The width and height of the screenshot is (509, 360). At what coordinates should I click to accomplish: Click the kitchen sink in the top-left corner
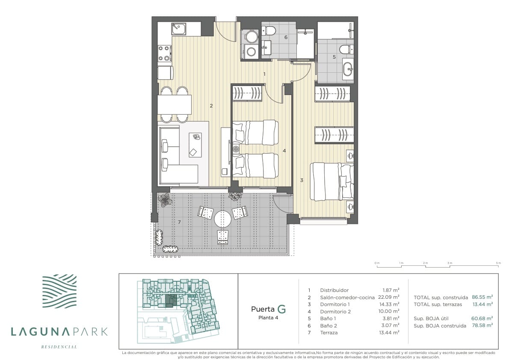pyautogui.click(x=178, y=29)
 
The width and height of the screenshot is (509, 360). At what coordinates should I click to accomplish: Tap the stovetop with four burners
pyautogui.click(x=164, y=54)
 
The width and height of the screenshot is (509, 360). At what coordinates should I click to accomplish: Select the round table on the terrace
pyautogui.click(x=222, y=219)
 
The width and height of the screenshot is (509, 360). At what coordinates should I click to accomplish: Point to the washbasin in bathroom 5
pyautogui.click(x=348, y=69)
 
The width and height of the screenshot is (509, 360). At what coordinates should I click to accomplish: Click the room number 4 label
pyautogui.click(x=284, y=150)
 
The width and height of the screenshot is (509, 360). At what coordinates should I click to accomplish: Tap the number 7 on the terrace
pyautogui.click(x=179, y=222)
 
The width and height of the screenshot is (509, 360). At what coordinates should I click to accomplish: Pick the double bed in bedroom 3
pyautogui.click(x=331, y=181)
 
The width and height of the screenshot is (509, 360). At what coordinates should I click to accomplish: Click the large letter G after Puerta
pyautogui.click(x=281, y=309)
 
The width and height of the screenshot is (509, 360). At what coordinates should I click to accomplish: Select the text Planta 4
pyautogui.click(x=268, y=318)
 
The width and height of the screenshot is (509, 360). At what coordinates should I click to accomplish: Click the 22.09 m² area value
pyautogui.click(x=388, y=297)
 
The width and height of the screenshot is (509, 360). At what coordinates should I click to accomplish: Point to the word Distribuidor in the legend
pyautogui.click(x=334, y=290)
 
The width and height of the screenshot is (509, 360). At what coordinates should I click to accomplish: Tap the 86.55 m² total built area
pyautogui.click(x=482, y=297)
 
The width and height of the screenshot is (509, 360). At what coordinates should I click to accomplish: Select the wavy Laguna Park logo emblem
pyautogui.click(x=60, y=292)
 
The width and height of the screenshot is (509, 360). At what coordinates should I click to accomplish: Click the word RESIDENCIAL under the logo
pyautogui.click(x=59, y=347)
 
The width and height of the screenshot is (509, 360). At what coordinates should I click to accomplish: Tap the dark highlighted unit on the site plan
pyautogui.click(x=169, y=301)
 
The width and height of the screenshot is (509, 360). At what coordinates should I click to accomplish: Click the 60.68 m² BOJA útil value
pyautogui.click(x=482, y=318)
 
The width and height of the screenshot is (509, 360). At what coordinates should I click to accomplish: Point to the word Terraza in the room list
pyautogui.click(x=329, y=332)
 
